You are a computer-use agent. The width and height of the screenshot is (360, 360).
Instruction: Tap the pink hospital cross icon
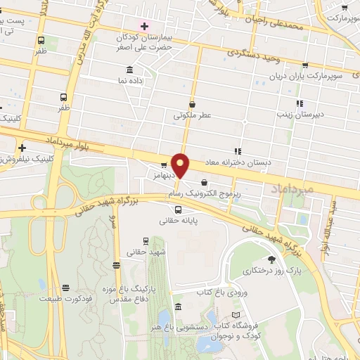(x=144, y=26)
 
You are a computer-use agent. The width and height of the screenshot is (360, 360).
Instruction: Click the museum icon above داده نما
(x=129, y=70)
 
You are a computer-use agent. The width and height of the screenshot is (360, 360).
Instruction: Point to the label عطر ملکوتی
(x=194, y=116)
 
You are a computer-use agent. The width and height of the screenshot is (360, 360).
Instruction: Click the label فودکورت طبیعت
(x=66, y=298)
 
